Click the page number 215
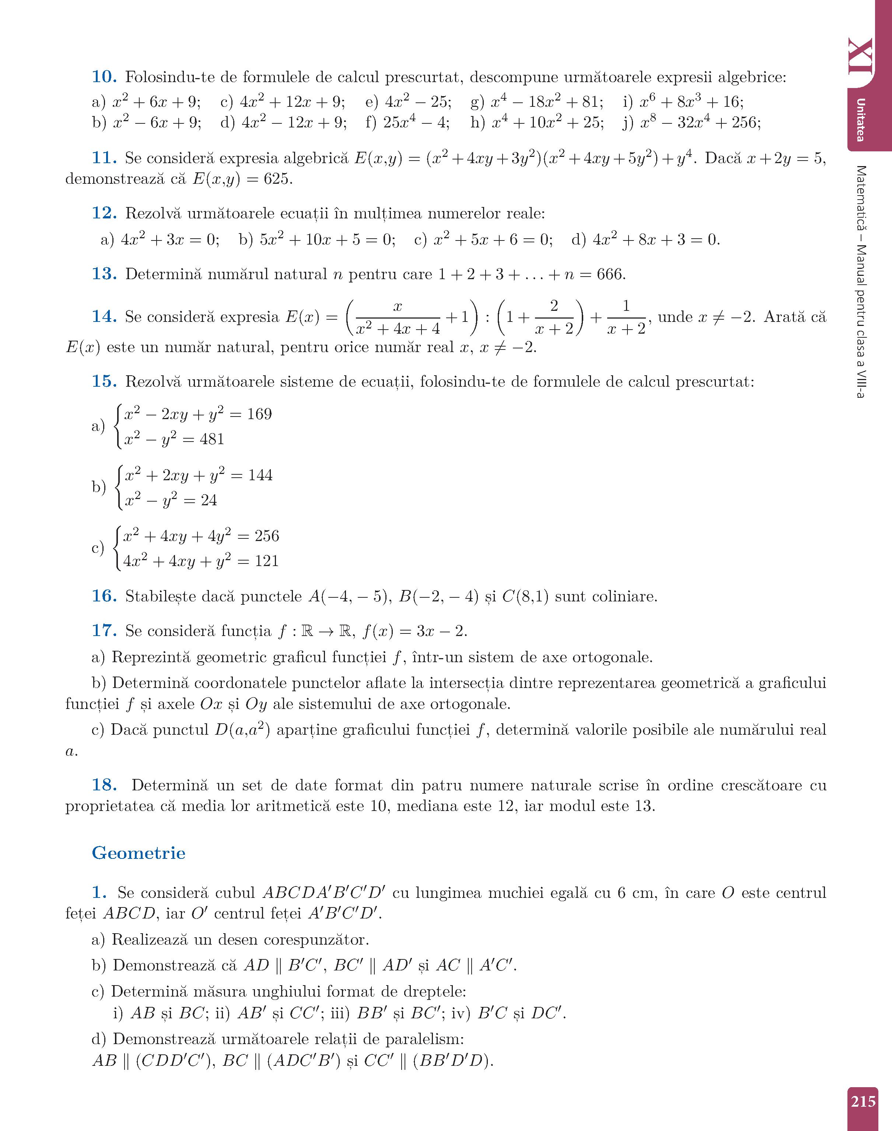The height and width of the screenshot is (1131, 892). (863, 1102)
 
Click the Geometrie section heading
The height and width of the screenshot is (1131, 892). (139, 853)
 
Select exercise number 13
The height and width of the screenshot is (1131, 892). (104, 274)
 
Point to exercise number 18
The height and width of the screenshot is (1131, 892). (104, 785)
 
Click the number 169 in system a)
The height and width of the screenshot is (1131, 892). (259, 414)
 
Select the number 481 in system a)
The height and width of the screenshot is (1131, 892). (211, 439)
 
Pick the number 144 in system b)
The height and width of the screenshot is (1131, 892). (259, 475)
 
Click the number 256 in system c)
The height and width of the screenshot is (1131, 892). (266, 536)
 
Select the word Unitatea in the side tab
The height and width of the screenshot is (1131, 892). (861, 120)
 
